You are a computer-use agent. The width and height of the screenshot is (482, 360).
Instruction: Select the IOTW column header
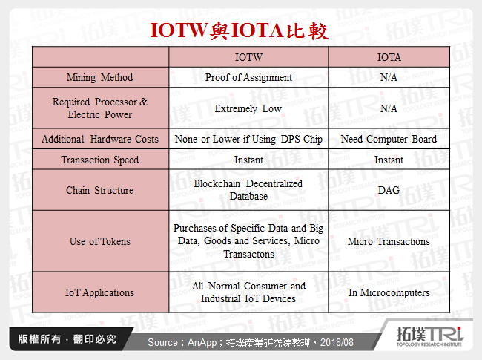248,56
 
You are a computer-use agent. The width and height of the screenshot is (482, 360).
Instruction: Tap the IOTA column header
389,56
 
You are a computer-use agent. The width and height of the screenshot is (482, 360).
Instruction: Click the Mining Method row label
99,77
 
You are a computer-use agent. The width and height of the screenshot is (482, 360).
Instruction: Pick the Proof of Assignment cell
248,77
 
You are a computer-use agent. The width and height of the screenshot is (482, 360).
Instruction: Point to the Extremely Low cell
248,108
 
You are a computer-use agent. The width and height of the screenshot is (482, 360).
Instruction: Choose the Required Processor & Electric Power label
99,108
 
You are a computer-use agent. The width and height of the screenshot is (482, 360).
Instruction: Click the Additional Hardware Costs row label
99,139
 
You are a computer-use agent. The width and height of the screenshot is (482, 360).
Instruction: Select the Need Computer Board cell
389,139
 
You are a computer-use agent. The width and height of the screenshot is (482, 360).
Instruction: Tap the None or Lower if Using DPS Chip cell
248,139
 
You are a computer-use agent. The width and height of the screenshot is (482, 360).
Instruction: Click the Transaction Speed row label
99,160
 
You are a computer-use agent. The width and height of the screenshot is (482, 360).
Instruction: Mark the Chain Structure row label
99,190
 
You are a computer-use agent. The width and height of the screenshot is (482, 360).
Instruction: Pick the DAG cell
389,190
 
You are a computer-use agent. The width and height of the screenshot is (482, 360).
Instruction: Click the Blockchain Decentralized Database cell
248,190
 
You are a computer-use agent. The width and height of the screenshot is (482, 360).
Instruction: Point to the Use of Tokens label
99,241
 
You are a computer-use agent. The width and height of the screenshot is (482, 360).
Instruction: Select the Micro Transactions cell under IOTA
389,241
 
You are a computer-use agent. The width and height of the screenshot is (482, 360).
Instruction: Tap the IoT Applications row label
99,292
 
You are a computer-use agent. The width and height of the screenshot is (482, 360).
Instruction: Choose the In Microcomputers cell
389,292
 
